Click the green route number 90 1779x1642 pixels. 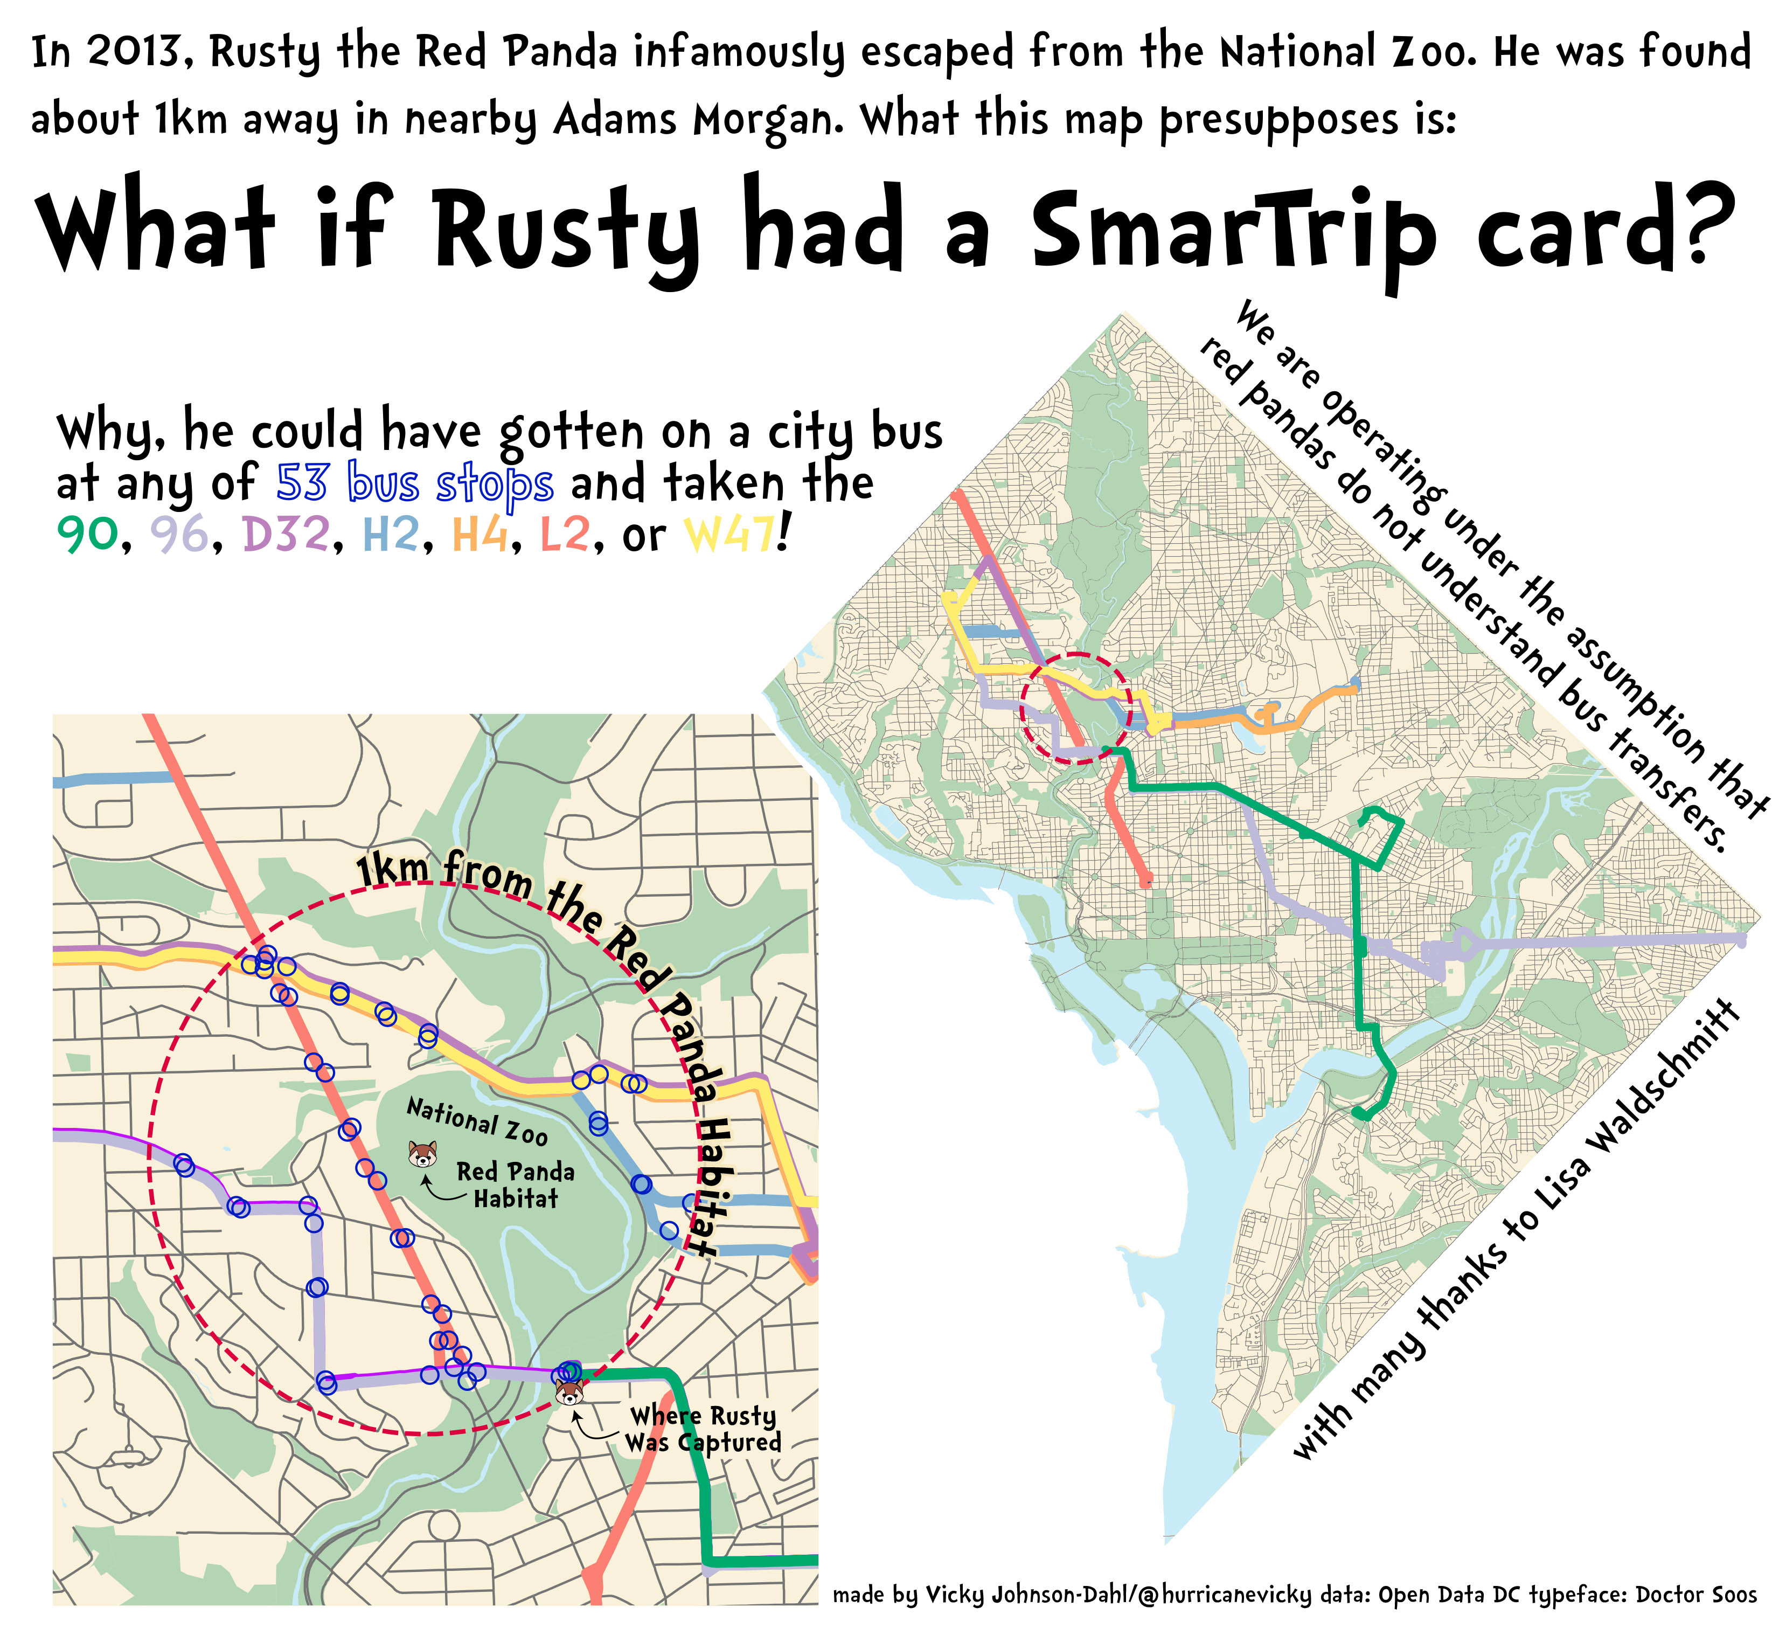tap(86, 534)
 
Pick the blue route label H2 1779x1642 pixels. tap(390, 534)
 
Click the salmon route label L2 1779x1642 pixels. tap(565, 534)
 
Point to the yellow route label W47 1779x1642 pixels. tap(728, 534)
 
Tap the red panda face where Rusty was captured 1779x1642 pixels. tap(569, 1391)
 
